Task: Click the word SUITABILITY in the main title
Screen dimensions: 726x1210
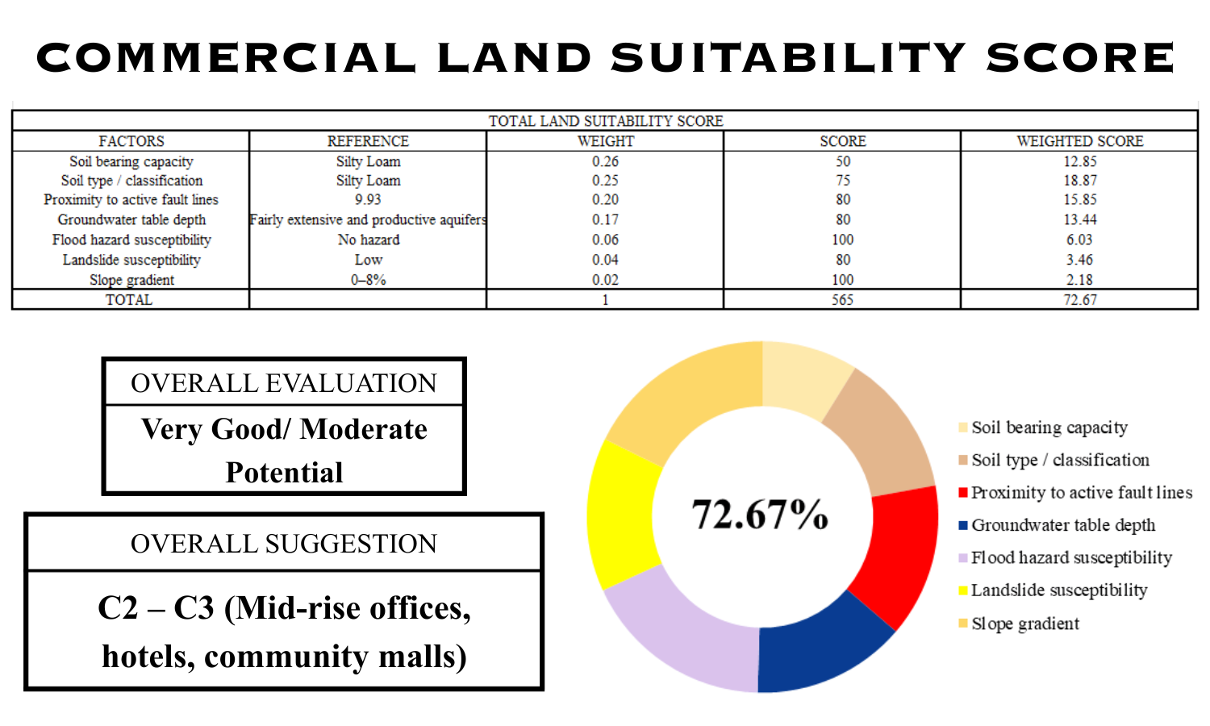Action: click(x=788, y=58)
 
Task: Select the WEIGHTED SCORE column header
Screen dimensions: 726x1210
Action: click(x=1079, y=141)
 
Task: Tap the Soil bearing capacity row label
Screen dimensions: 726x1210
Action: click(x=131, y=161)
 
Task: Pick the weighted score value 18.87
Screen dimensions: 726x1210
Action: click(x=1079, y=181)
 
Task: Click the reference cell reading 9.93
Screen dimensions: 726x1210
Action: click(x=368, y=199)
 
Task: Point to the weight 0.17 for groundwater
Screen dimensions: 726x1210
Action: click(x=605, y=219)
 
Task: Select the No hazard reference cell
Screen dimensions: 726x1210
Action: click(x=368, y=240)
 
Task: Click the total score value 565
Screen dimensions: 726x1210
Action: click(x=842, y=299)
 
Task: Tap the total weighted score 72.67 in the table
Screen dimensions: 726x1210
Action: click(x=1079, y=299)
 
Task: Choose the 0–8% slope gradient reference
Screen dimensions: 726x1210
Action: click(x=368, y=280)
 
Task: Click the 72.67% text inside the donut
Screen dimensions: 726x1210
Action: click(x=760, y=514)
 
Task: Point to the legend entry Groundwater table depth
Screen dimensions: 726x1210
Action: click(x=1062, y=525)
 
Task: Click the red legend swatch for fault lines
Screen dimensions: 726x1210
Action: click(x=963, y=493)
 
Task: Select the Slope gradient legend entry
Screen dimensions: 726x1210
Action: click(x=1024, y=624)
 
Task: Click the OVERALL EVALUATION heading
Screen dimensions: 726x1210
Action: click(x=284, y=383)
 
